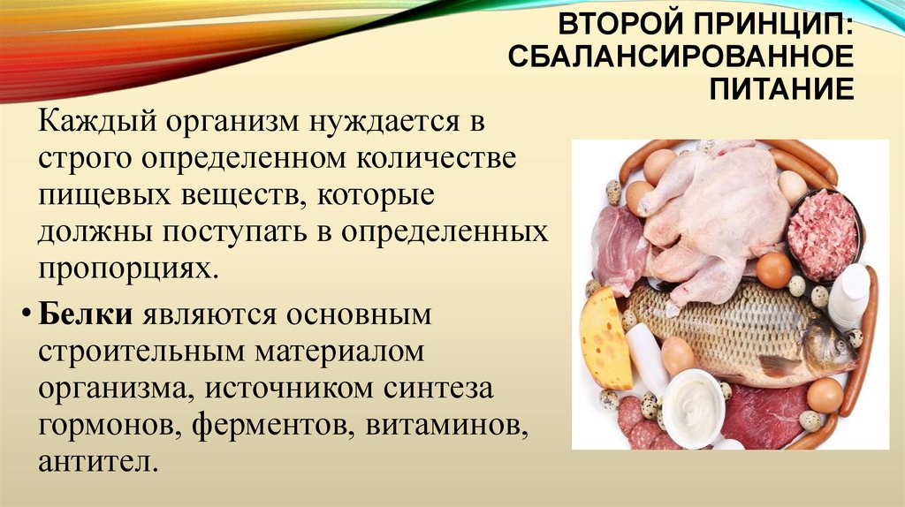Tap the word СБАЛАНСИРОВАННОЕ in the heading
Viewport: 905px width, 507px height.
[681, 57]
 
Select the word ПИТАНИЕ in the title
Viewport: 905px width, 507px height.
[781, 90]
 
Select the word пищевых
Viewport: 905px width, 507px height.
[104, 195]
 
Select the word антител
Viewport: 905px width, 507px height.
[98, 462]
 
